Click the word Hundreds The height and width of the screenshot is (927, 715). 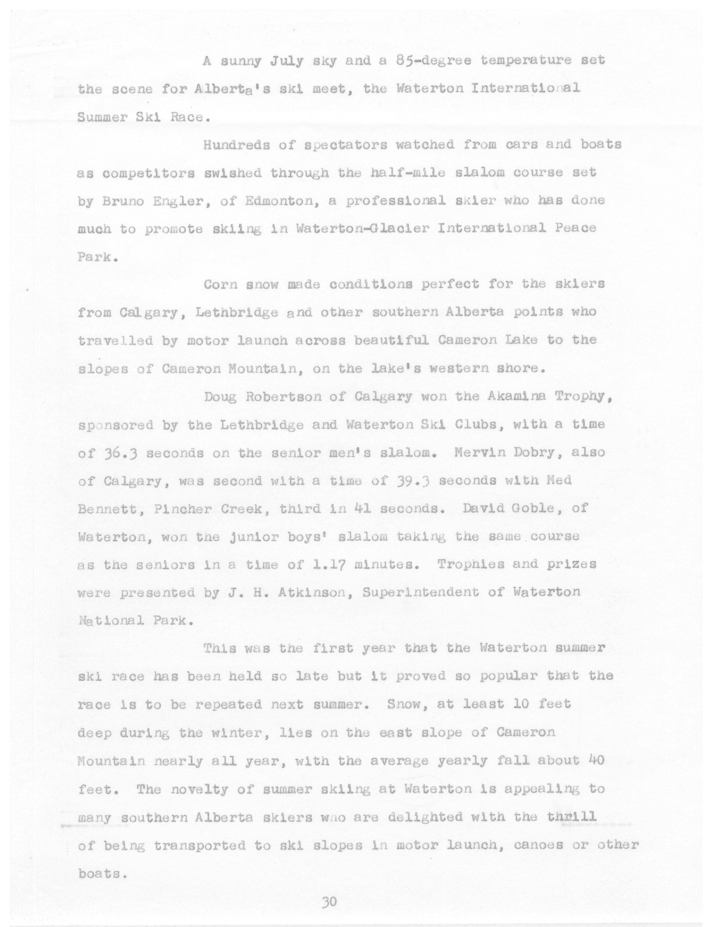237,145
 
